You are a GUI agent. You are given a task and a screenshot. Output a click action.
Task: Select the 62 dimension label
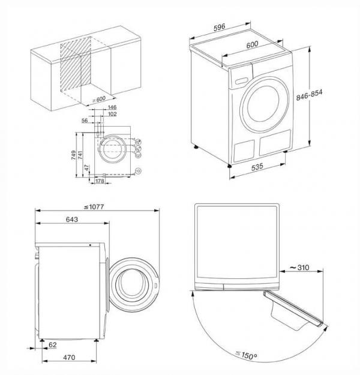coord(53,346)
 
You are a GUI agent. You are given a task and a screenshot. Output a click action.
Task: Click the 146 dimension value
coord(112,107)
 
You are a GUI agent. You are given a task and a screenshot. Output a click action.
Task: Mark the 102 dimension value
coord(112,114)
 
